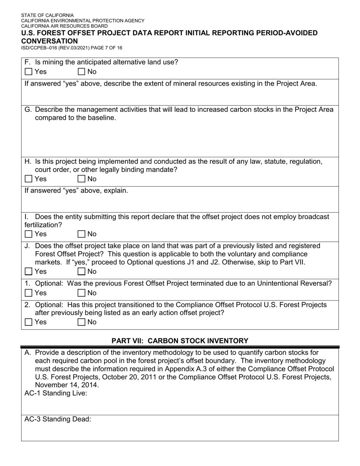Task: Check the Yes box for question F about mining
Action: (28, 72)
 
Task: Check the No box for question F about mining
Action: (81, 72)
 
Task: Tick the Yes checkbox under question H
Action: (28, 179)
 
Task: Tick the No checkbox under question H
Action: (81, 179)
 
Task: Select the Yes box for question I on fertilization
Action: (28, 234)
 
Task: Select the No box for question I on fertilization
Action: (81, 234)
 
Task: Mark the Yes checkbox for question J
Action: (28, 271)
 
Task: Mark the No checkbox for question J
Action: (81, 271)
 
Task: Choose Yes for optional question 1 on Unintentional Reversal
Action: (28, 293)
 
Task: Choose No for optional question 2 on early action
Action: (81, 322)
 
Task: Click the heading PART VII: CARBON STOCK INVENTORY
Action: (180, 341)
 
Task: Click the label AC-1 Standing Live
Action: (56, 393)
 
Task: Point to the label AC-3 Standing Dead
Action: (58, 419)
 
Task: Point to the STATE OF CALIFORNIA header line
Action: (47, 16)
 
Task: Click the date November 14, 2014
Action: (67, 385)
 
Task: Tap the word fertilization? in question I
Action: (43, 225)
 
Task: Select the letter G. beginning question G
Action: (28, 110)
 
